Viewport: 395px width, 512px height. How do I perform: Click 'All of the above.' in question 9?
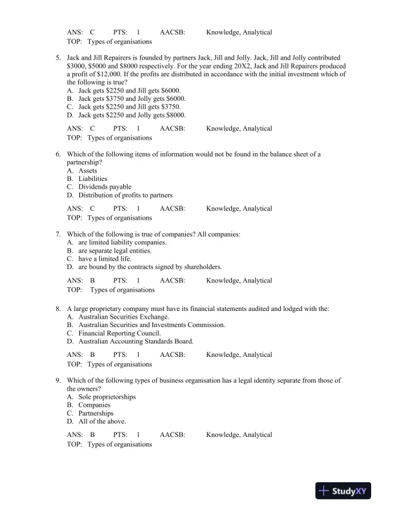point(102,421)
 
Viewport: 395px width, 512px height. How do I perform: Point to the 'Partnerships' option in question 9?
point(96,413)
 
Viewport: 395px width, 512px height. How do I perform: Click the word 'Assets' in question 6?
point(88,171)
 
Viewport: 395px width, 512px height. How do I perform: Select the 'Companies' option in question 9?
point(94,405)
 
